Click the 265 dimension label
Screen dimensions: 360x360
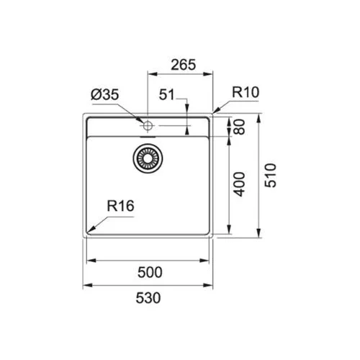click(x=184, y=65)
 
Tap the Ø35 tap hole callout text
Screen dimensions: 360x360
click(x=105, y=94)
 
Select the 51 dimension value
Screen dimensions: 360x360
click(x=167, y=94)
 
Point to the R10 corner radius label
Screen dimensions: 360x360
click(x=246, y=92)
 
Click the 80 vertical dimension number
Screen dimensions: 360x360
click(x=239, y=127)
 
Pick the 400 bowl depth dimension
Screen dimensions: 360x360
click(x=239, y=184)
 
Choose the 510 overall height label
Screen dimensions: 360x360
click(x=271, y=175)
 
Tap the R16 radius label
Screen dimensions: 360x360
click(x=120, y=206)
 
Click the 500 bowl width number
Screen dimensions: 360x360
click(x=150, y=272)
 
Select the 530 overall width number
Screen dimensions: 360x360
click(x=148, y=298)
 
